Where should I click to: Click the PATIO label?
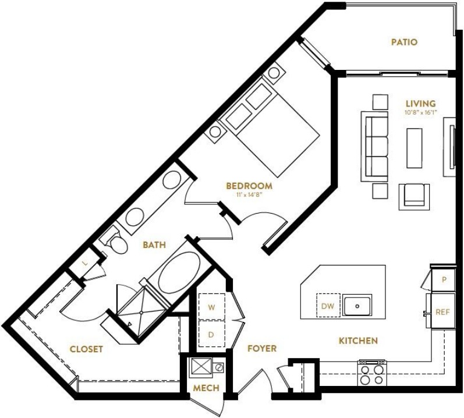[x=404, y=42]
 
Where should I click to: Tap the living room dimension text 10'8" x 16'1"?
[x=421, y=112]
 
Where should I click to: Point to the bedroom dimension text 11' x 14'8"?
[x=249, y=194]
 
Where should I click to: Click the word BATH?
[x=154, y=245]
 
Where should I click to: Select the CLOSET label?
[x=86, y=349]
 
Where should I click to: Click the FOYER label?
[x=262, y=349]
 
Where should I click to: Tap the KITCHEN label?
[x=358, y=341]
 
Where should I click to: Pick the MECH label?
[x=206, y=388]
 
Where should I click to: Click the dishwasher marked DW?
[x=328, y=306]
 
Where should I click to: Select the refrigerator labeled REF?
[x=443, y=311]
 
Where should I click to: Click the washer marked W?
[x=211, y=307]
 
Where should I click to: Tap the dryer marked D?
[x=211, y=334]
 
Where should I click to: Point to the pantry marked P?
[x=443, y=280]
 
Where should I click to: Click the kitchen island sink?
[x=357, y=305]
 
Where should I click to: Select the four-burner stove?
[x=372, y=373]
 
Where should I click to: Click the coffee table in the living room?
[x=415, y=148]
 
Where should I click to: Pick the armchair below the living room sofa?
[x=414, y=197]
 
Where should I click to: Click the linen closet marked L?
[x=86, y=263]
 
